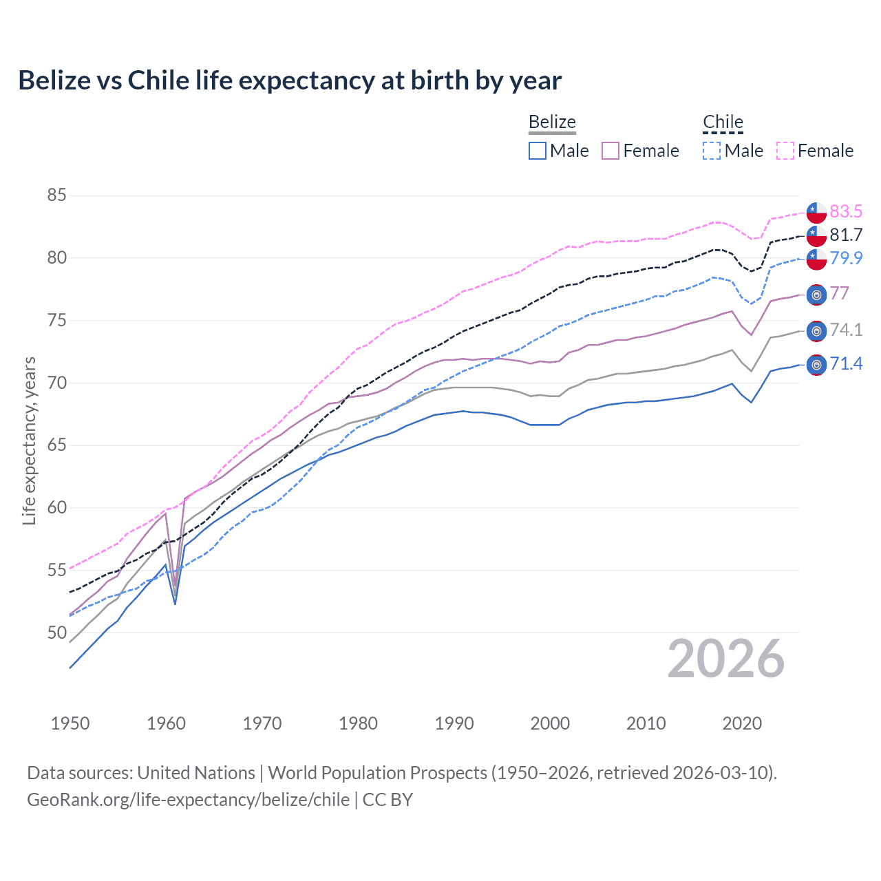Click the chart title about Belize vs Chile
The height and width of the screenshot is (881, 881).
pos(290,81)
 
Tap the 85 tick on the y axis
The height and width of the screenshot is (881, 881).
pos(56,195)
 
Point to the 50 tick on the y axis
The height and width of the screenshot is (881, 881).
pos(56,633)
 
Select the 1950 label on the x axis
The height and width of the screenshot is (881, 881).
pos(70,723)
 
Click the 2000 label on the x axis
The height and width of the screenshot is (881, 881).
pos(550,723)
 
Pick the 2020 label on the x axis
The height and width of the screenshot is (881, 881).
pos(742,723)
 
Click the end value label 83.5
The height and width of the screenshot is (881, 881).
pos(846,211)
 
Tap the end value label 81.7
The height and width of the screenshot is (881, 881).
pos(846,235)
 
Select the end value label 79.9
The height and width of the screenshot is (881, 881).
pos(846,258)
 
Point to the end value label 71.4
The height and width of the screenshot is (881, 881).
pos(846,363)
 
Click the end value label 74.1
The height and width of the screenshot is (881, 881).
pos(846,330)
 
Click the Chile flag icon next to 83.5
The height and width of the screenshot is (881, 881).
pos(816,212)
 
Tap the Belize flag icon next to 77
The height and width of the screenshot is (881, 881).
pos(816,295)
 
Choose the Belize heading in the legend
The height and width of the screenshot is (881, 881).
pos(552,122)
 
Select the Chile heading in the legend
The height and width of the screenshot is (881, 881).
pos(723,122)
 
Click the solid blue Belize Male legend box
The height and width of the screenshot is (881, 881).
pos(538,151)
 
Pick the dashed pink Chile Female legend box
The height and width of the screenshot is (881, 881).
pos(785,151)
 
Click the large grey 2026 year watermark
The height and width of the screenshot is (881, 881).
pos(726,659)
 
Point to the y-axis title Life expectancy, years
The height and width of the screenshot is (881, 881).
pos(30,440)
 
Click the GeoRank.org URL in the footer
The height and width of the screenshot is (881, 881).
pos(188,800)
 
